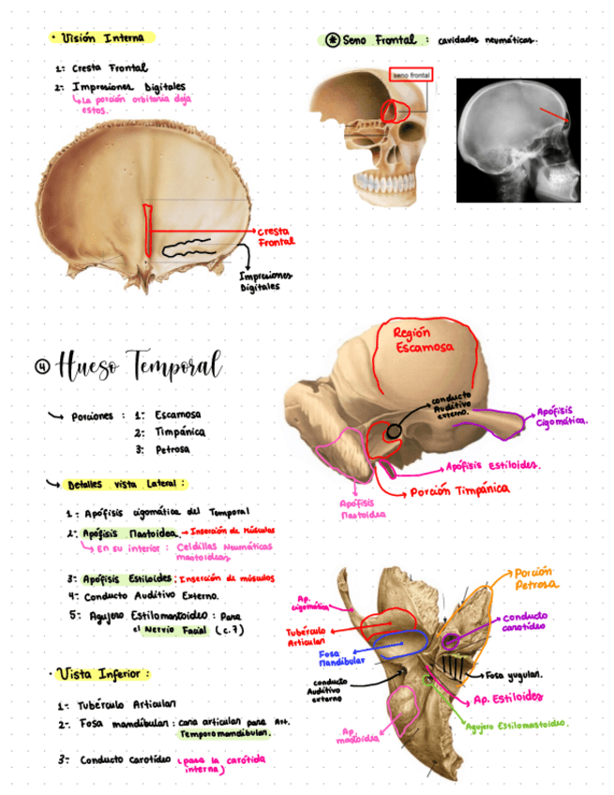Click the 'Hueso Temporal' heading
coord(140,365)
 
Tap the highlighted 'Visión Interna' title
coord(103,38)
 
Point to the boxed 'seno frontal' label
coord(409,75)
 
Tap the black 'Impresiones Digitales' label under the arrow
coord(265,281)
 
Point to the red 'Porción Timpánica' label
coord(459,490)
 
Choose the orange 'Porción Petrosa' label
coord(535,577)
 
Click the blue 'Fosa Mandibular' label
coord(329,658)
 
